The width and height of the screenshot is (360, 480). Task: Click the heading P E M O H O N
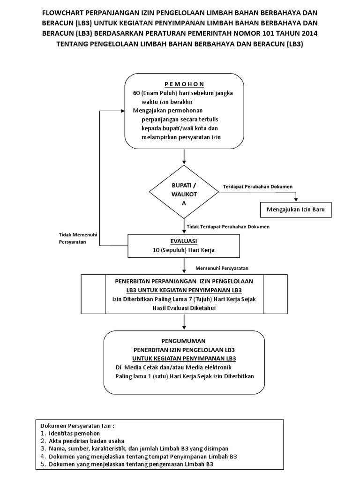[x=184, y=84]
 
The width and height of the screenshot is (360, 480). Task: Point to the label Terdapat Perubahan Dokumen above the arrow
[x=258, y=187]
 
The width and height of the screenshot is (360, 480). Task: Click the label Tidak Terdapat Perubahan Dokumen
[x=228, y=226]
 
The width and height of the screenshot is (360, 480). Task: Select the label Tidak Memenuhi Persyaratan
[x=73, y=239]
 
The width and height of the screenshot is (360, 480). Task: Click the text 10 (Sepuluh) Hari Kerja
[x=184, y=250]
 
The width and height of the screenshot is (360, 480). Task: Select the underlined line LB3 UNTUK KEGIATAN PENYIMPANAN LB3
[x=184, y=291]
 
